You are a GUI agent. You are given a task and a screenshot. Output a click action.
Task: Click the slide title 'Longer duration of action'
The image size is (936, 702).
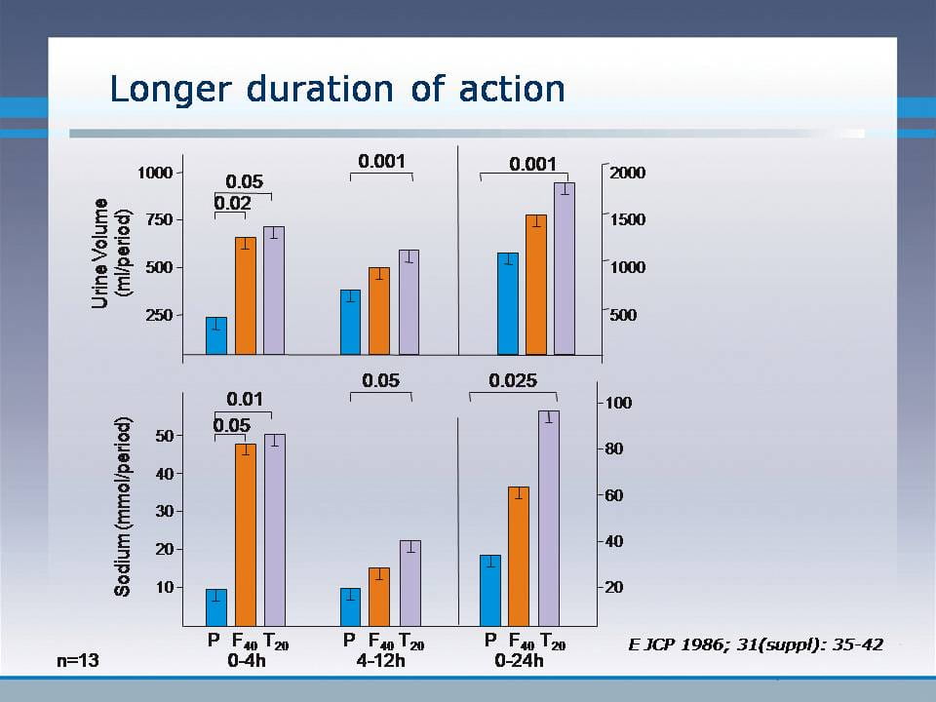(337, 89)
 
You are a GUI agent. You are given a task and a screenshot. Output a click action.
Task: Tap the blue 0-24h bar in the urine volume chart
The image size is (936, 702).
(507, 303)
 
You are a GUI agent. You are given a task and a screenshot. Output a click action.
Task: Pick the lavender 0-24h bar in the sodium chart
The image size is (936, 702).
(549, 517)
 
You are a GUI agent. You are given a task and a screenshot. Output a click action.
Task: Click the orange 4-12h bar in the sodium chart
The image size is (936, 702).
(378, 596)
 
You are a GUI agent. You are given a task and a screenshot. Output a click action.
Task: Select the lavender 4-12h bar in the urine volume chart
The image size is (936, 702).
(409, 302)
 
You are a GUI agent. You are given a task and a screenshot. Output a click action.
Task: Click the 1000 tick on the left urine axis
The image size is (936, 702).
(154, 173)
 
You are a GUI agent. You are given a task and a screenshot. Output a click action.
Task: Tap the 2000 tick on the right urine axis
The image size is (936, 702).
(627, 173)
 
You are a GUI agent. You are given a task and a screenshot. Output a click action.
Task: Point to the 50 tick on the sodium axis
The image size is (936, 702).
(163, 436)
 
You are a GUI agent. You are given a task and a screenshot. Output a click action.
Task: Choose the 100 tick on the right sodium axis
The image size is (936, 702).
(620, 403)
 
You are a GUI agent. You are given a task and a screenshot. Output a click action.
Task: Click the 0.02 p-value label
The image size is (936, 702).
(233, 203)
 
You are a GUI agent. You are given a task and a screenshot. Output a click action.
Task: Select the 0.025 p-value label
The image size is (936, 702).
(513, 380)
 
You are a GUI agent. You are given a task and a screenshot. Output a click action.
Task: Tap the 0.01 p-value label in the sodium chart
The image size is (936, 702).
(244, 399)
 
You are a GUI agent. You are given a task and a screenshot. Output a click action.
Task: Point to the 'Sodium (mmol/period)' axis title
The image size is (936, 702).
(123, 506)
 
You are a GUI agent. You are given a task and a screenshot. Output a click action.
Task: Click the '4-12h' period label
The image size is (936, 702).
(379, 660)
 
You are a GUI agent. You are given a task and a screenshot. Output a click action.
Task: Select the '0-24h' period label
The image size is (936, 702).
(519, 660)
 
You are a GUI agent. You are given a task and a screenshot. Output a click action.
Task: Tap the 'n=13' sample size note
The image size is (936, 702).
(79, 660)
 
